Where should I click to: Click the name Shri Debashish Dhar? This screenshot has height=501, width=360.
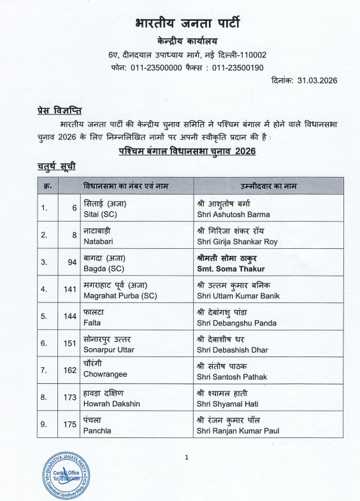click(233, 350)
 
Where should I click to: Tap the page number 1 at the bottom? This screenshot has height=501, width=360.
click(187, 457)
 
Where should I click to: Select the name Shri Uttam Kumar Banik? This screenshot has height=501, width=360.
click(238, 296)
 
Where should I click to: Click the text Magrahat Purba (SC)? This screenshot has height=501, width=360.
click(120, 296)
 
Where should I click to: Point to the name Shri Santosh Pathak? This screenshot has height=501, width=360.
click(232, 378)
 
